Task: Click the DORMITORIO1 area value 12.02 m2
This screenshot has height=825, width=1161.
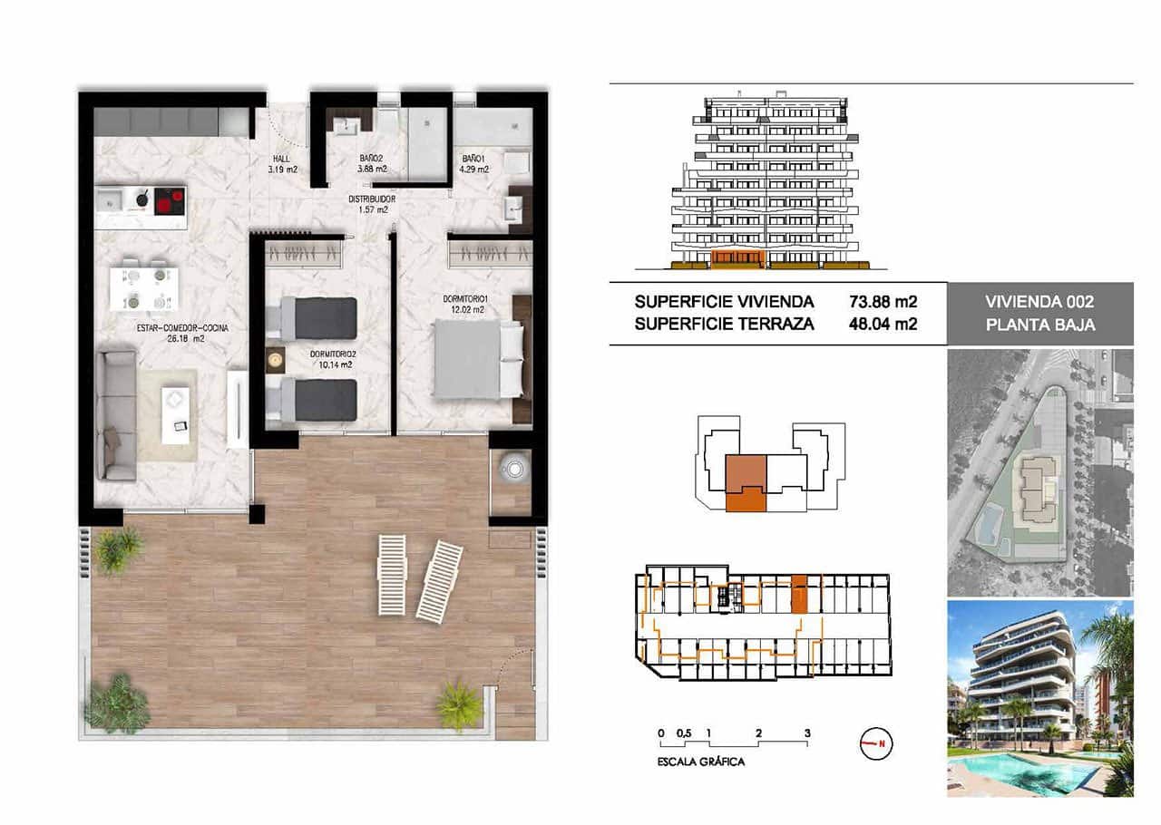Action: click(x=465, y=310)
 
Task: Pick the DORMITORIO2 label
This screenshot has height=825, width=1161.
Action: click(x=330, y=354)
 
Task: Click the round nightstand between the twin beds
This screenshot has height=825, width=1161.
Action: click(x=275, y=360)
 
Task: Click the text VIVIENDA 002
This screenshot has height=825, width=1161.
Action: click(x=1039, y=303)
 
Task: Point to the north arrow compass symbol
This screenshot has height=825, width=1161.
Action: click(x=875, y=744)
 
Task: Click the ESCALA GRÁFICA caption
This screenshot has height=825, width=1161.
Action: click(x=700, y=762)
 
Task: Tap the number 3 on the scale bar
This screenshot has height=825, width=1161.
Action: click(x=806, y=733)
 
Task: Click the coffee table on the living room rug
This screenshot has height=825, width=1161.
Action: click(x=176, y=414)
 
